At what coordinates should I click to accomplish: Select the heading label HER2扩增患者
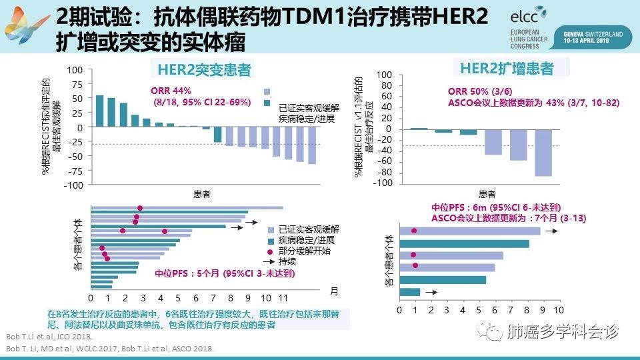coord(507,68)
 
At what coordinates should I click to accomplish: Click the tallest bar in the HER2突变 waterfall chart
coord(99,111)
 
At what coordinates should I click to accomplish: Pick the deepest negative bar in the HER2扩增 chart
coord(543,153)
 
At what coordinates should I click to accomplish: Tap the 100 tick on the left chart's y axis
coord(74,70)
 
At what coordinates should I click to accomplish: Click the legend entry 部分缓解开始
coord(305,251)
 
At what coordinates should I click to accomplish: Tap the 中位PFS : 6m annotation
coord(485,207)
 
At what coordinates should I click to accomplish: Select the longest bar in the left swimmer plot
coord(187,208)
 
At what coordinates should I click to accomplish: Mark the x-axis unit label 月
coord(334,291)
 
